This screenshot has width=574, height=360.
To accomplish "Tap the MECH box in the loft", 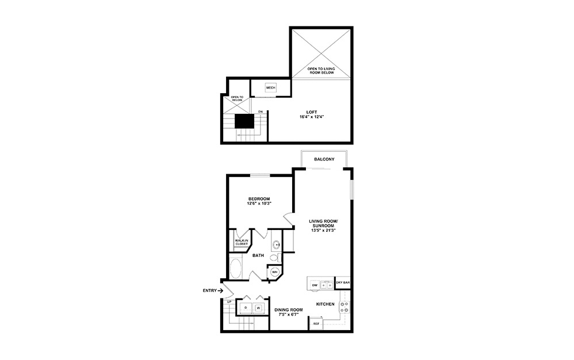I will pyautogui.click(x=271, y=87).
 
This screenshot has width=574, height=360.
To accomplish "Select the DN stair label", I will pyautogui.click(x=260, y=112).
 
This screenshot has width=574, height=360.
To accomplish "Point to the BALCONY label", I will pyautogui.click(x=324, y=159).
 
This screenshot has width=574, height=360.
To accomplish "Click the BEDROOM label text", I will pyautogui.click(x=259, y=199).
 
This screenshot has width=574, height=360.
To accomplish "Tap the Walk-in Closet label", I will pyautogui.click(x=241, y=242).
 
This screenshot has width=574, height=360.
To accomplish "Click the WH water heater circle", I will pyautogui.click(x=275, y=272).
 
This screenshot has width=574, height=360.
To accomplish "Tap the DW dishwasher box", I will pyautogui.click(x=315, y=285).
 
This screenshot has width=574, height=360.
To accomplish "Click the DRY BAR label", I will pyautogui.click(x=343, y=283).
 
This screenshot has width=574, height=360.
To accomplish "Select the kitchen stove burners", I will pyautogui.click(x=346, y=307).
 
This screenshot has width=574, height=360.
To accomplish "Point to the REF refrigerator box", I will pyautogui.click(x=316, y=324).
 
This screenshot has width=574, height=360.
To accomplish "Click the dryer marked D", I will pyautogui.click(x=246, y=308).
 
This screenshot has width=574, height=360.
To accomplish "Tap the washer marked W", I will pyautogui.click(x=258, y=308).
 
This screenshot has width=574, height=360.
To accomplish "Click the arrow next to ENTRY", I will pyautogui.click(x=220, y=291).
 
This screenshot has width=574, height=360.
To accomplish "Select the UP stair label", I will pyautogui.click(x=229, y=302).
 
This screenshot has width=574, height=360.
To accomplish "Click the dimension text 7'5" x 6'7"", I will pyautogui.click(x=288, y=313).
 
